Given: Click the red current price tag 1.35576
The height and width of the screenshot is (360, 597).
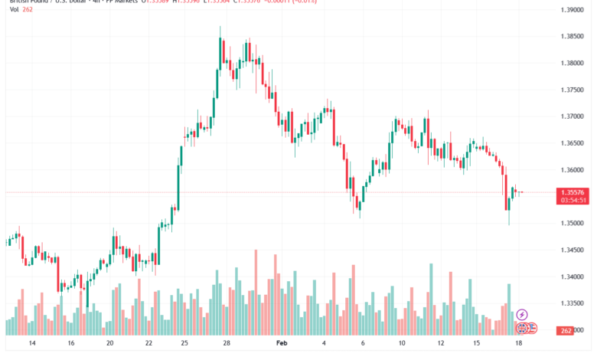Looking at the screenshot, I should click(574, 192).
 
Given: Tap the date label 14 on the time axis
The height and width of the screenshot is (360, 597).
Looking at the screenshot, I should click(32, 345).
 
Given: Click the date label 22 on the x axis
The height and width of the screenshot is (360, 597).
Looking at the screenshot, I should click(148, 345).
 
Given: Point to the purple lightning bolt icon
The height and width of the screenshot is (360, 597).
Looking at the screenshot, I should click(522, 314).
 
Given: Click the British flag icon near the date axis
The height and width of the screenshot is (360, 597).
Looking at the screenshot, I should click(522, 328).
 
